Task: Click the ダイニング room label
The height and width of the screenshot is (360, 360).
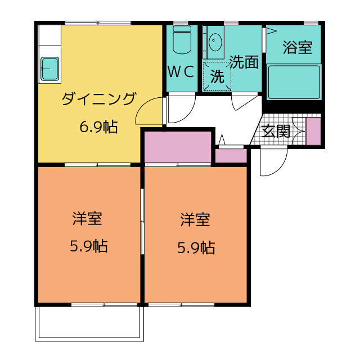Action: pos(99,99)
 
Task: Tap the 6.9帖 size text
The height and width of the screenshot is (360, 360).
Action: pos(98,127)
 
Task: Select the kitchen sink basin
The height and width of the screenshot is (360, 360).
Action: pos(50,69)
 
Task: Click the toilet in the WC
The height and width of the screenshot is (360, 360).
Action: pos(182,39)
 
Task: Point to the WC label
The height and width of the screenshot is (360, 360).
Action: pos(181,71)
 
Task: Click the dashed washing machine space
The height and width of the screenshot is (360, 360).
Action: pos(217,76)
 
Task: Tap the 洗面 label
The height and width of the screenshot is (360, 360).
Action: pos(244,62)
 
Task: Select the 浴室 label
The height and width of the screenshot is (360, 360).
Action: pos(298,47)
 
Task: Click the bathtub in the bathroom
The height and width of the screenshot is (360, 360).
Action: pos(294,82)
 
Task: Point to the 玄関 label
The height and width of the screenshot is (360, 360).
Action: pos(276,131)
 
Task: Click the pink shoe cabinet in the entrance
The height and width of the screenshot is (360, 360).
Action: pos(314,131)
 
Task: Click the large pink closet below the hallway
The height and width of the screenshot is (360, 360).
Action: pos(178,147)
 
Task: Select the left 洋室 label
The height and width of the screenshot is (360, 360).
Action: pos(87,218)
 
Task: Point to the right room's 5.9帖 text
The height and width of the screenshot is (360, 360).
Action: pos(196,247)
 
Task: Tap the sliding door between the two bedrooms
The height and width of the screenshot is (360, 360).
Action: pos(142,221)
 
